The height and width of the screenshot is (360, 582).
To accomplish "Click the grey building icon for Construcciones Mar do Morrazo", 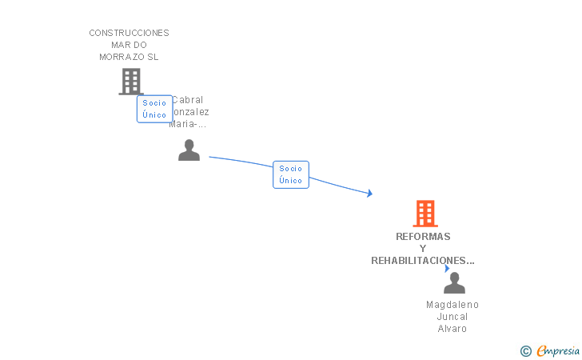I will point(131,81).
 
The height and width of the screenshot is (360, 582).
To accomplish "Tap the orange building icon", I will point(425,214).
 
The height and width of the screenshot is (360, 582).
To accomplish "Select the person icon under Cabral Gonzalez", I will point(189,150).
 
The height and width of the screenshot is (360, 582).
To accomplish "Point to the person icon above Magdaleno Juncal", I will point(454,283).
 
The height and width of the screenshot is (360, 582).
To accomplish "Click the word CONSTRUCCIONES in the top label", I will point(129,33).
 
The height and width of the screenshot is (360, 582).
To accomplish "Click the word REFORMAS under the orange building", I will point(423,237).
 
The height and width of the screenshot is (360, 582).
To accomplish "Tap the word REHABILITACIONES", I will point(423,261).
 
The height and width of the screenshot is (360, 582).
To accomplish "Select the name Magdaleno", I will point(452,305).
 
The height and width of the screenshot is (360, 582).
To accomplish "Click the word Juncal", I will point(452,317).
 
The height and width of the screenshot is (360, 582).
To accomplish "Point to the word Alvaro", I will point(452,329).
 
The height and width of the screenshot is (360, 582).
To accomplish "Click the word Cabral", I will point(188,100).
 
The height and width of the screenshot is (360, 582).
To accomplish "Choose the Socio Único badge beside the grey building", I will point(154,109).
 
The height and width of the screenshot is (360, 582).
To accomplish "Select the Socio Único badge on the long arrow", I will point(291,174).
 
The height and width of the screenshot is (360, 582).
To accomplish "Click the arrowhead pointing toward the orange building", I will point(369,193).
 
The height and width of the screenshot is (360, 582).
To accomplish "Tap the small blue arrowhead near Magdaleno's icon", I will point(447,269).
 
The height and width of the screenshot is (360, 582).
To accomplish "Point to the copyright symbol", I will point(525,350).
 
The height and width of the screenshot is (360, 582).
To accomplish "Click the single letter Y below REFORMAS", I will point(423,249).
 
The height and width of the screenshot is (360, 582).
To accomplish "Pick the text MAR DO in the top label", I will point(129,45).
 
